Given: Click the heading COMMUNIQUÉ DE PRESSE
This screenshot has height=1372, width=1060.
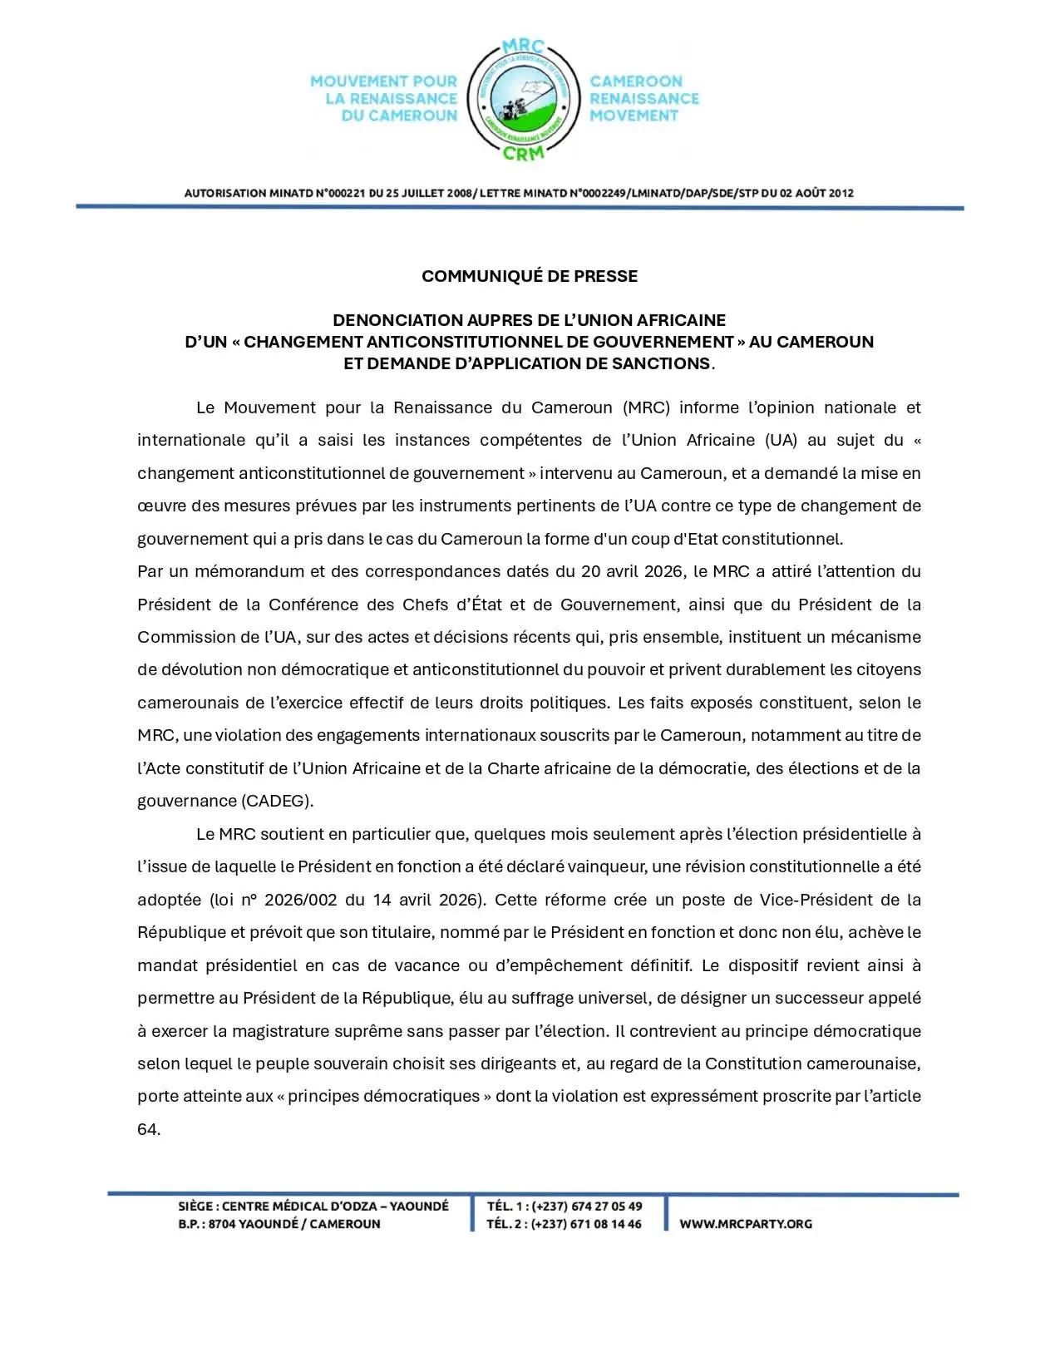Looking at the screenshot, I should coord(530,276).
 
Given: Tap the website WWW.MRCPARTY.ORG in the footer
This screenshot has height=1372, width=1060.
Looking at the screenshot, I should coord(746,1224).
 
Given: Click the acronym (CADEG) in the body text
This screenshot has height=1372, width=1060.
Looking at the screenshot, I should coord(278,801).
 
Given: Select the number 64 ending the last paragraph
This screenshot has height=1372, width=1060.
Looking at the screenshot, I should coord(148,1129).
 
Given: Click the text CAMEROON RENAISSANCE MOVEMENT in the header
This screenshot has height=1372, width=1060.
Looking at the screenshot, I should coord(644,98).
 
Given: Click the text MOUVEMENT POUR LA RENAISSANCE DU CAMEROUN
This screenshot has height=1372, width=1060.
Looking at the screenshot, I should coord(384,98).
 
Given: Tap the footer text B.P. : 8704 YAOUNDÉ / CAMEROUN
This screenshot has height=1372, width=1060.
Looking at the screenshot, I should coord(279,1224).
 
